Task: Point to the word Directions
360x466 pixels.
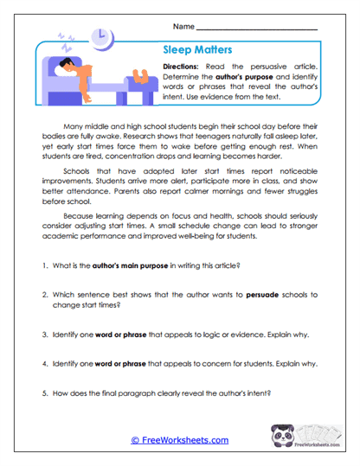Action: pyautogui.click(x=187, y=67)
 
